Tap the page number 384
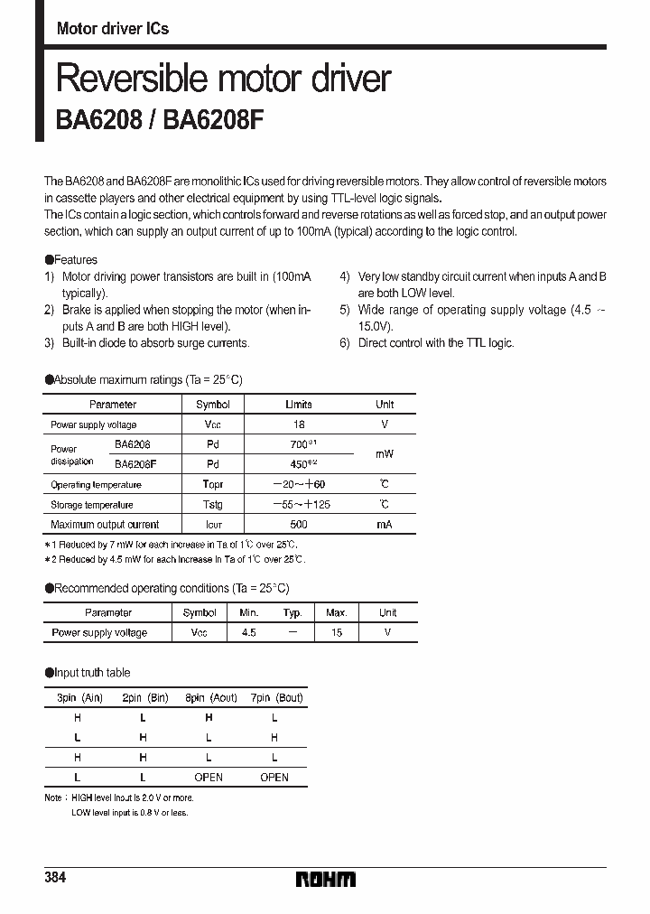[x=56, y=879]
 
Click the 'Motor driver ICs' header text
[x=112, y=29]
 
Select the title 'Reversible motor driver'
[x=223, y=79]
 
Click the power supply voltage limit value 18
[x=299, y=424]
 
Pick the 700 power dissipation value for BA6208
[x=298, y=444]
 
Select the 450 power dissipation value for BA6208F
[x=298, y=464]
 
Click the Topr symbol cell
[x=213, y=485]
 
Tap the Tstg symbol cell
[x=213, y=505]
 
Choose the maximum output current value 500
[x=299, y=525]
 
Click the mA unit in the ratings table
[x=385, y=525]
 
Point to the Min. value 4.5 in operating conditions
[x=249, y=633]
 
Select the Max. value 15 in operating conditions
[x=337, y=633]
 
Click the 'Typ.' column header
[x=292, y=612]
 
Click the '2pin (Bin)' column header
[x=144, y=697]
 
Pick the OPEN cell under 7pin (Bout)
[x=274, y=777]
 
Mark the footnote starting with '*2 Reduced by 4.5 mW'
[x=175, y=560]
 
